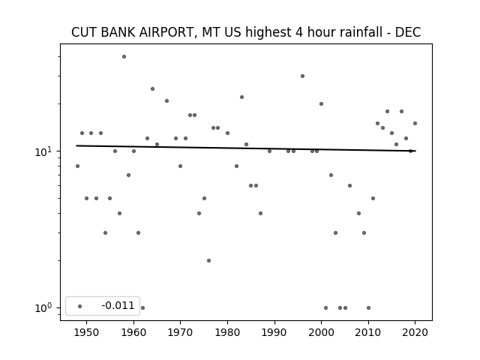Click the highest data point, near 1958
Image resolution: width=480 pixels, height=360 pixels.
[124, 57]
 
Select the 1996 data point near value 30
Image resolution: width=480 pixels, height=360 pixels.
[302, 76]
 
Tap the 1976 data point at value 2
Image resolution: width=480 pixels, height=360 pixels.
[208, 261]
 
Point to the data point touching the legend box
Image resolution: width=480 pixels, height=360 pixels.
[142, 308]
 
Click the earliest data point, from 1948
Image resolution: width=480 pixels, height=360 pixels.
[77, 166]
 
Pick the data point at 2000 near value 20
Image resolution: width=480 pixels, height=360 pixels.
[321, 104]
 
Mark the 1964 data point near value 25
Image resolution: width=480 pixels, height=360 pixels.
[152, 89]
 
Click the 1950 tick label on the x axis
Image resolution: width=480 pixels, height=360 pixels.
[87, 332]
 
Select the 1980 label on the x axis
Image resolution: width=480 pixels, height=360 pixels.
[227, 332]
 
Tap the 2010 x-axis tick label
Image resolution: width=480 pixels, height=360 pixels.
[368, 332]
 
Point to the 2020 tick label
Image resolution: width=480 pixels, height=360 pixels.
[415, 332]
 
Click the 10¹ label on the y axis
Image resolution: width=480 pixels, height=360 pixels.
[44, 151]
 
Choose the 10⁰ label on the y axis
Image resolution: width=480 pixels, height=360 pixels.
[44, 308]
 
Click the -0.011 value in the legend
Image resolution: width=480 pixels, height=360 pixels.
[118, 305]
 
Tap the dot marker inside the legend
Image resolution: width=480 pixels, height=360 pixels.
[80, 307]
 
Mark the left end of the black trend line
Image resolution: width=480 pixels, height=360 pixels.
[76, 145]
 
